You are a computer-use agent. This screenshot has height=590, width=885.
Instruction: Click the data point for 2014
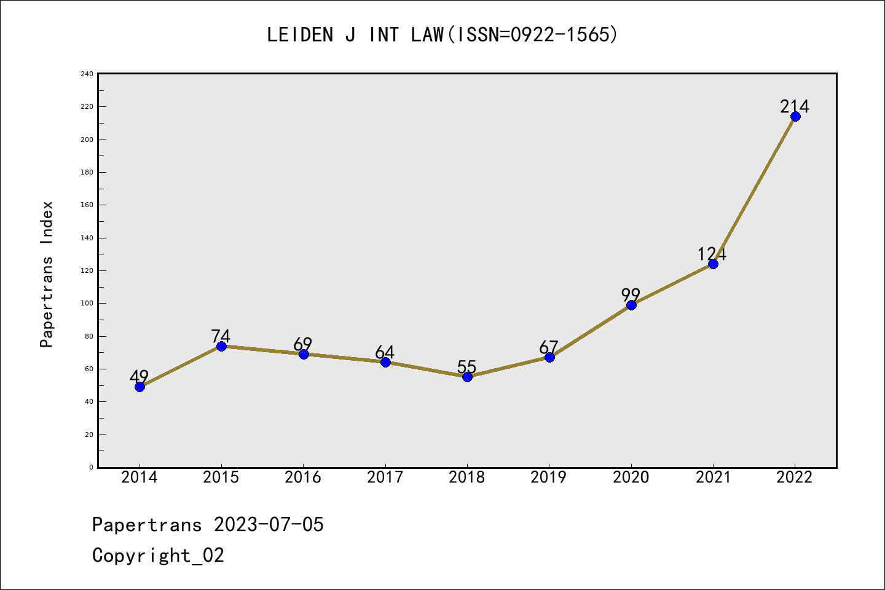click(140, 387)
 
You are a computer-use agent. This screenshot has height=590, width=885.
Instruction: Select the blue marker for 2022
click(795, 116)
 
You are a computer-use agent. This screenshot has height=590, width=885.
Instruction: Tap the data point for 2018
click(467, 377)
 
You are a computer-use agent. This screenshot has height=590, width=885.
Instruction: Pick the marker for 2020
click(631, 305)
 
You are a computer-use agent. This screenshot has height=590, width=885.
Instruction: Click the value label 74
click(221, 336)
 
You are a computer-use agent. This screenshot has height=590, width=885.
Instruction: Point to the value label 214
click(795, 106)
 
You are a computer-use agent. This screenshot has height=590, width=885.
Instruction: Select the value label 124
click(712, 254)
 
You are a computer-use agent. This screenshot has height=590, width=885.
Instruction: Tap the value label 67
click(548, 347)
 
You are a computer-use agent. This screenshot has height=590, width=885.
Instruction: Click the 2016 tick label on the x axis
click(303, 478)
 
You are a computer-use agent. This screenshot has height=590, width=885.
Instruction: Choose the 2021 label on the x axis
click(713, 478)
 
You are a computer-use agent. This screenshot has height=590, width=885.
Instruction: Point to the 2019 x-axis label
click(549, 478)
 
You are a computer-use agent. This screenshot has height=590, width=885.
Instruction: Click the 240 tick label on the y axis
click(87, 74)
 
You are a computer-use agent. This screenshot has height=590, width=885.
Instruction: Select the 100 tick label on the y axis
click(87, 304)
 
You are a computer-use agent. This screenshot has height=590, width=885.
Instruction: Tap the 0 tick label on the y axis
click(91, 467)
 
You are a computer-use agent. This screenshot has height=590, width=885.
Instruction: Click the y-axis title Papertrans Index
click(47, 274)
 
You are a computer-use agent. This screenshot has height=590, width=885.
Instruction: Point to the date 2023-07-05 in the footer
click(269, 525)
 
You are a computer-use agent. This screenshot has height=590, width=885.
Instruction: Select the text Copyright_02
click(158, 556)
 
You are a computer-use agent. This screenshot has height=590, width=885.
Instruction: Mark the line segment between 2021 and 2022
click(754, 190)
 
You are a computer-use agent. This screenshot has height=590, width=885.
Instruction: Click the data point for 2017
click(385, 362)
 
